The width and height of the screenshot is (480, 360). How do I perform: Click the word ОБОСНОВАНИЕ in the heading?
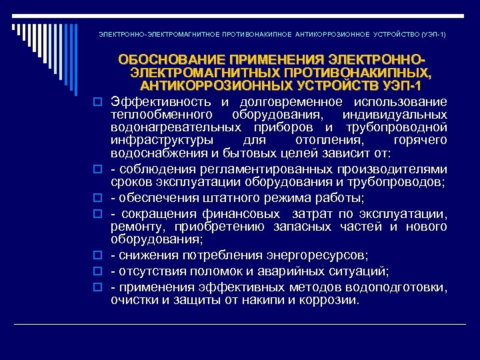tap(161, 60)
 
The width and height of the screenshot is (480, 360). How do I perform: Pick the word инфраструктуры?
tap(162, 141)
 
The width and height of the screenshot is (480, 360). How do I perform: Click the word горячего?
tap(421, 141)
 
